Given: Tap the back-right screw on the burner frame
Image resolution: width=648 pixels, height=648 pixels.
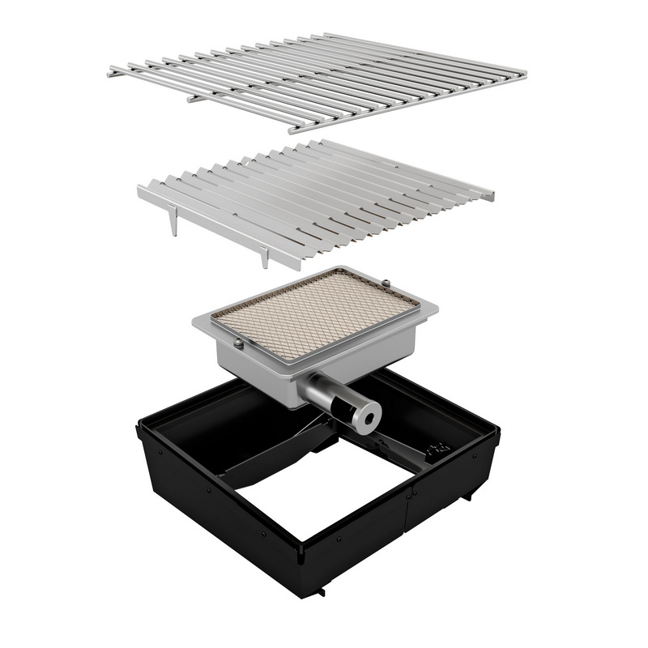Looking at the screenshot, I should point(386,282).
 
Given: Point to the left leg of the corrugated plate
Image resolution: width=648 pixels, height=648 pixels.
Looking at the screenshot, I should point(173,222).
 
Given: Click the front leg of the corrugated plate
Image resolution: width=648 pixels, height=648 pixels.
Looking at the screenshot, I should point(265,258).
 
